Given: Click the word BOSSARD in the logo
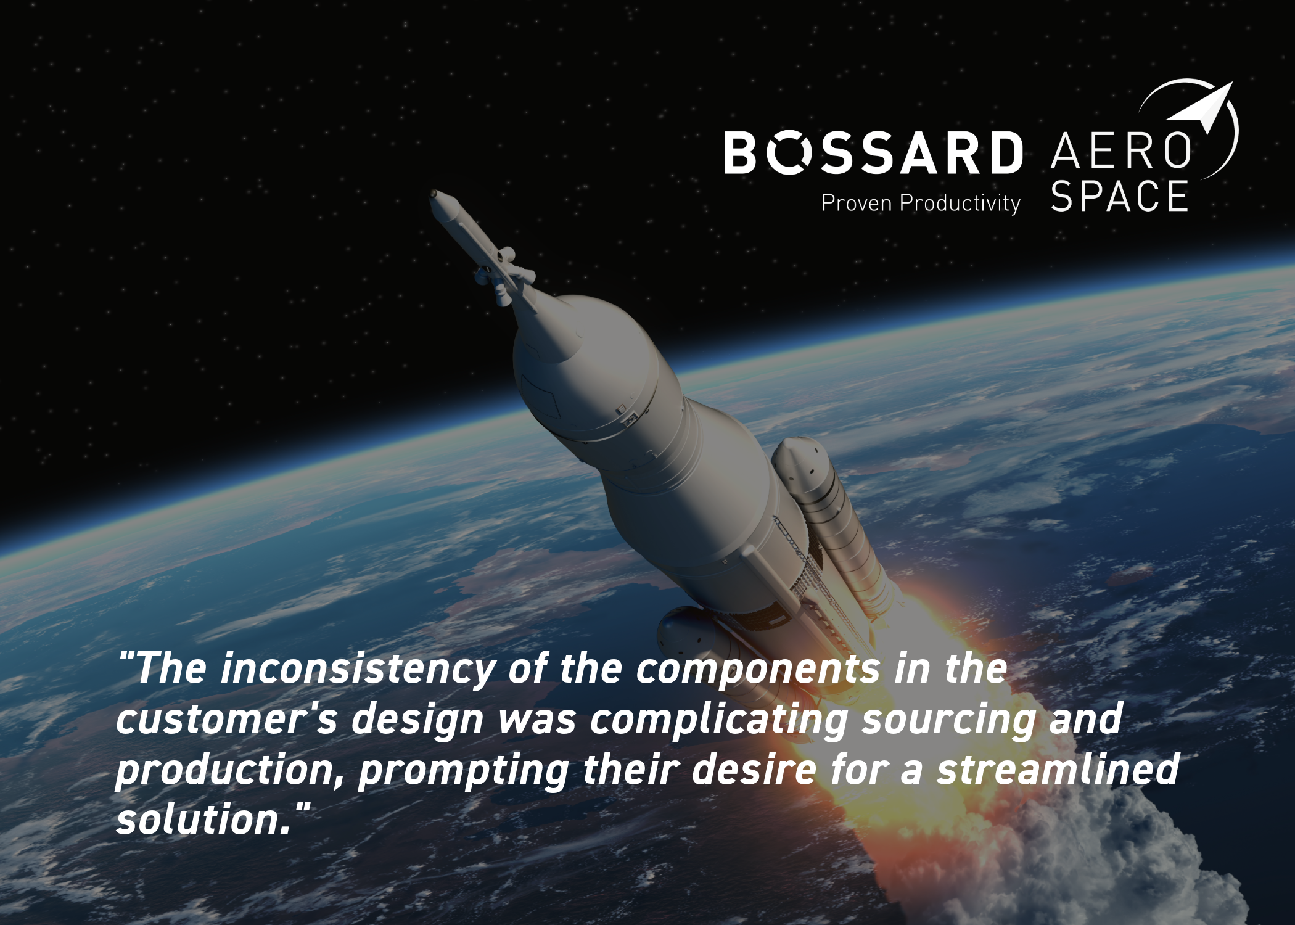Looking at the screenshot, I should (x=873, y=152).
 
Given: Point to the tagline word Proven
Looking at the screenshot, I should (x=857, y=203).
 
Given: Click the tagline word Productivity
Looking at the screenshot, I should (x=960, y=203).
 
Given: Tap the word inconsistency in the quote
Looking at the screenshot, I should (x=358, y=669).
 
